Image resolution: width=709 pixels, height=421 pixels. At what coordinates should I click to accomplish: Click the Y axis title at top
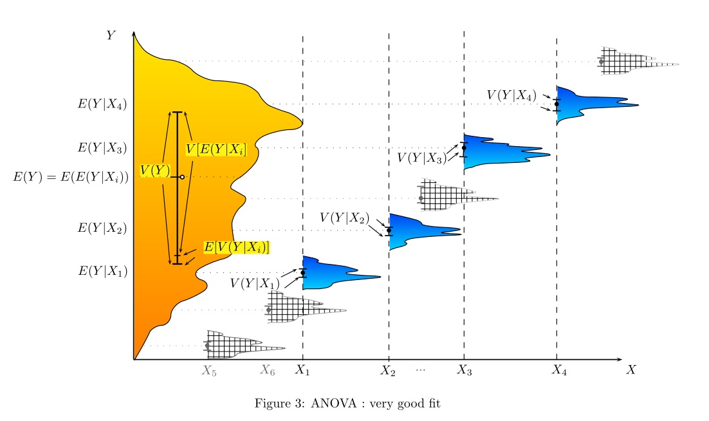coord(111,35)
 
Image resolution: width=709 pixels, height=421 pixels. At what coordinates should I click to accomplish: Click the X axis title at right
coord(631,370)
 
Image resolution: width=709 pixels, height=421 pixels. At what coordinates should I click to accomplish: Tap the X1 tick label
coord(302,370)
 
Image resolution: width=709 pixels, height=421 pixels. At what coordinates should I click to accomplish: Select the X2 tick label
coord(387,370)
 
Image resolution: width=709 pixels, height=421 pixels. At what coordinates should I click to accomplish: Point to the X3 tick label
coord(465,370)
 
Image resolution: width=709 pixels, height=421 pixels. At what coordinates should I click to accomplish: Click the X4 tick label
coord(559,370)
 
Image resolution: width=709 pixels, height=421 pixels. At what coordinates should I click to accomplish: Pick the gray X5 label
coord(208,370)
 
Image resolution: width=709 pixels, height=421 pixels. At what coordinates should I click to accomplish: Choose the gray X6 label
coord(267,370)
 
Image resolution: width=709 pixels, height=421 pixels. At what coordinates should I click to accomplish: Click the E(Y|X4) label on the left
coord(102,104)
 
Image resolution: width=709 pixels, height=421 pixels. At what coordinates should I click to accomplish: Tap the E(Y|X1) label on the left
coord(102,271)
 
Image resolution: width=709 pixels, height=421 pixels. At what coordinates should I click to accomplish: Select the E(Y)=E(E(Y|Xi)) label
coord(71,177)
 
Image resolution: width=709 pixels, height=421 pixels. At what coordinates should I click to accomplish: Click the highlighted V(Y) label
coord(155,171)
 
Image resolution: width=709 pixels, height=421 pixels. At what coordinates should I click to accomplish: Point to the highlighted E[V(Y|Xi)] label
coord(235,247)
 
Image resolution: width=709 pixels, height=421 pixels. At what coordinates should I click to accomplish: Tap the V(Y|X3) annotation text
coord(421,157)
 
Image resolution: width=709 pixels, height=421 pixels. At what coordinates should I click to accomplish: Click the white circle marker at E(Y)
coord(182,177)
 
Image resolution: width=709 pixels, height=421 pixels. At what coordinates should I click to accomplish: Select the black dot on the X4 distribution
coord(557,104)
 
